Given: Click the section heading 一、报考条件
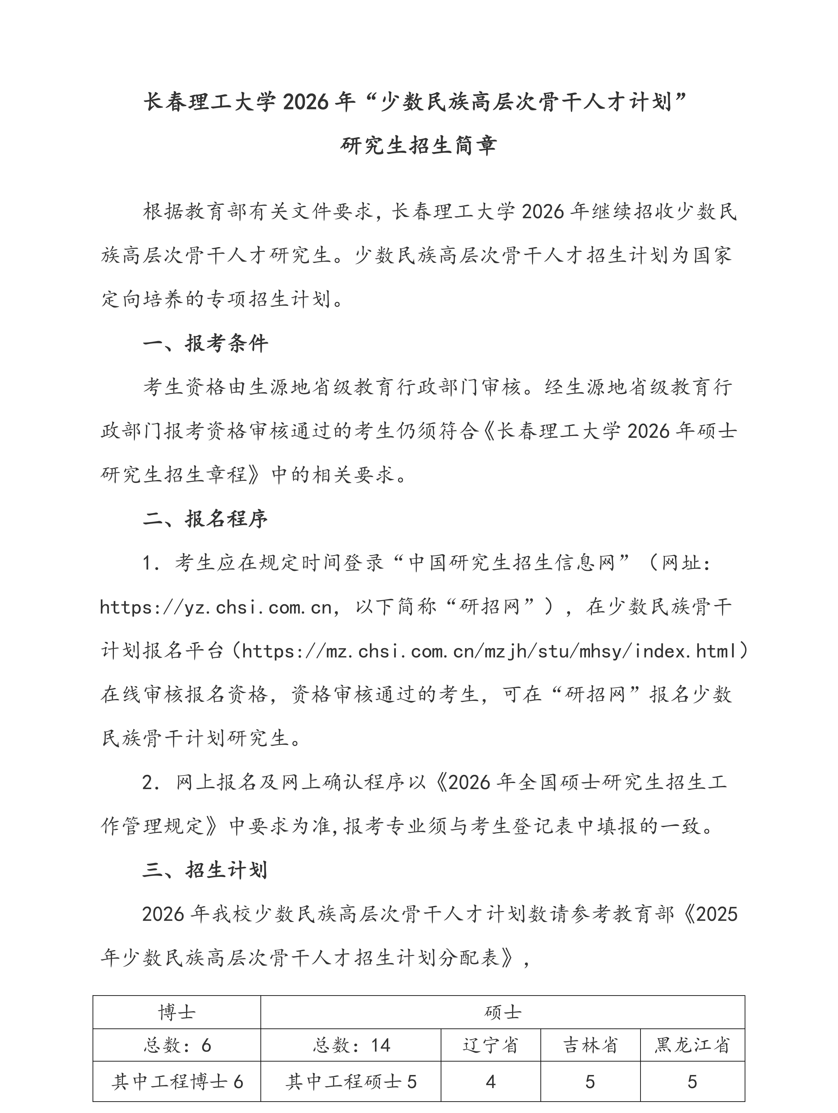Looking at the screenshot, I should tap(205, 344).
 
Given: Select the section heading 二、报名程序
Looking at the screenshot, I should tap(205, 519).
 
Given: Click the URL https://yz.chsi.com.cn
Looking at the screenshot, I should tap(216, 607).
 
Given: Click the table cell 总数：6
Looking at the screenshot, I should tap(177, 1045).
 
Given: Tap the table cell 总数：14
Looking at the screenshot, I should tap(351, 1045).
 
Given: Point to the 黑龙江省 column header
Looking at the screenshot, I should tap(692, 1045).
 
